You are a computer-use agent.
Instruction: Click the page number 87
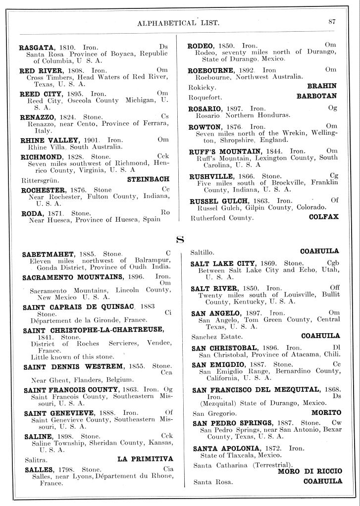coord(332,21)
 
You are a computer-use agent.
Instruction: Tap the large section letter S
coord(180,240)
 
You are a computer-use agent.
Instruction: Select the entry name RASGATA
coord(36,47)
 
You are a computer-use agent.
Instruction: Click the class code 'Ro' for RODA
coord(165,212)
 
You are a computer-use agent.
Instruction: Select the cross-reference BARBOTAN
coord(316,96)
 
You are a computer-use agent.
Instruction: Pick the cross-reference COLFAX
coord(323,217)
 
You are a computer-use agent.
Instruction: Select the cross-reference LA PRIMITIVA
coord(145,459)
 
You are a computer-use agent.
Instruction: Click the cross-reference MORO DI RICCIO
coord(309,471)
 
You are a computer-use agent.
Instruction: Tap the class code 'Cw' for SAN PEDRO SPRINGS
coord(337,423)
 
